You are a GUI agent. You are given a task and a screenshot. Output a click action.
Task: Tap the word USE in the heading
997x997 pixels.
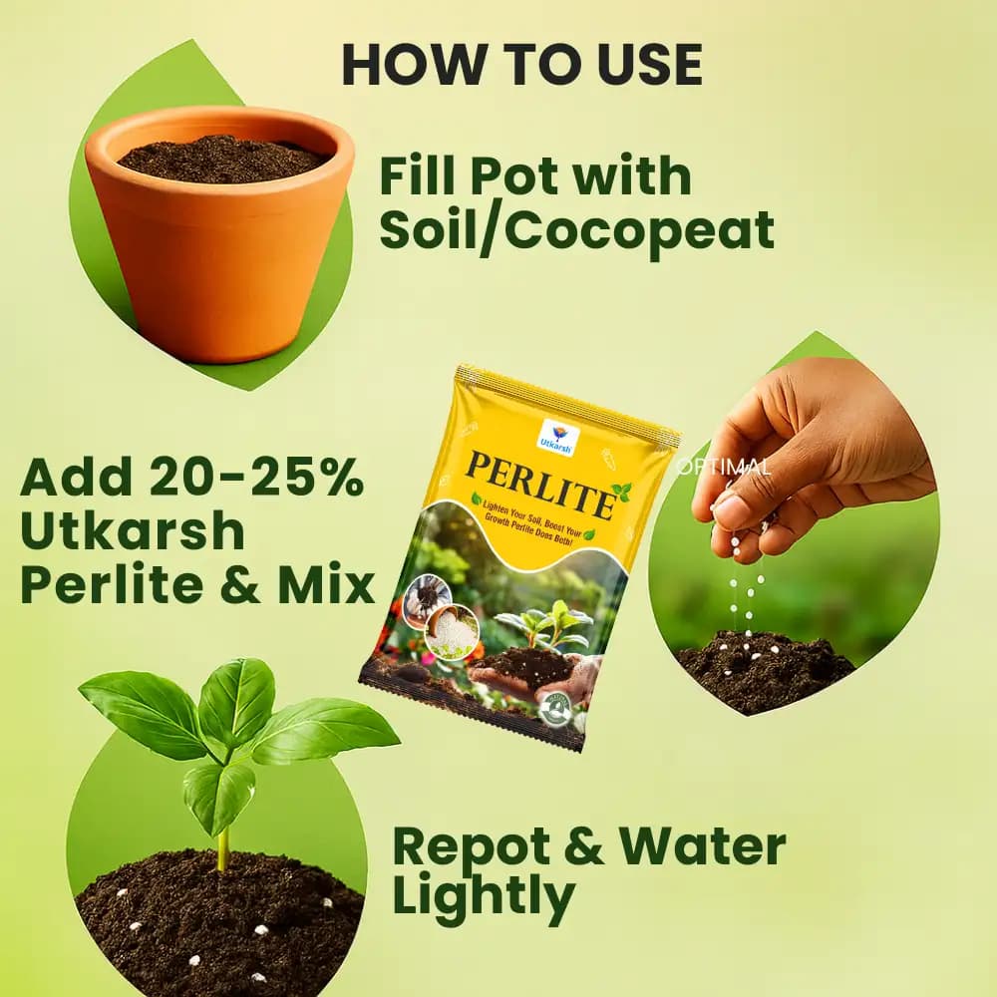(644, 64)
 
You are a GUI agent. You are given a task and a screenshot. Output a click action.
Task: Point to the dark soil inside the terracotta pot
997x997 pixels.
(220, 159)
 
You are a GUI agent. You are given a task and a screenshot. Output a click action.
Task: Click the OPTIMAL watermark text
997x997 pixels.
(723, 466)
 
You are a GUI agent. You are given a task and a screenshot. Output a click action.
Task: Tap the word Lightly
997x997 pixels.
(484, 897)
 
